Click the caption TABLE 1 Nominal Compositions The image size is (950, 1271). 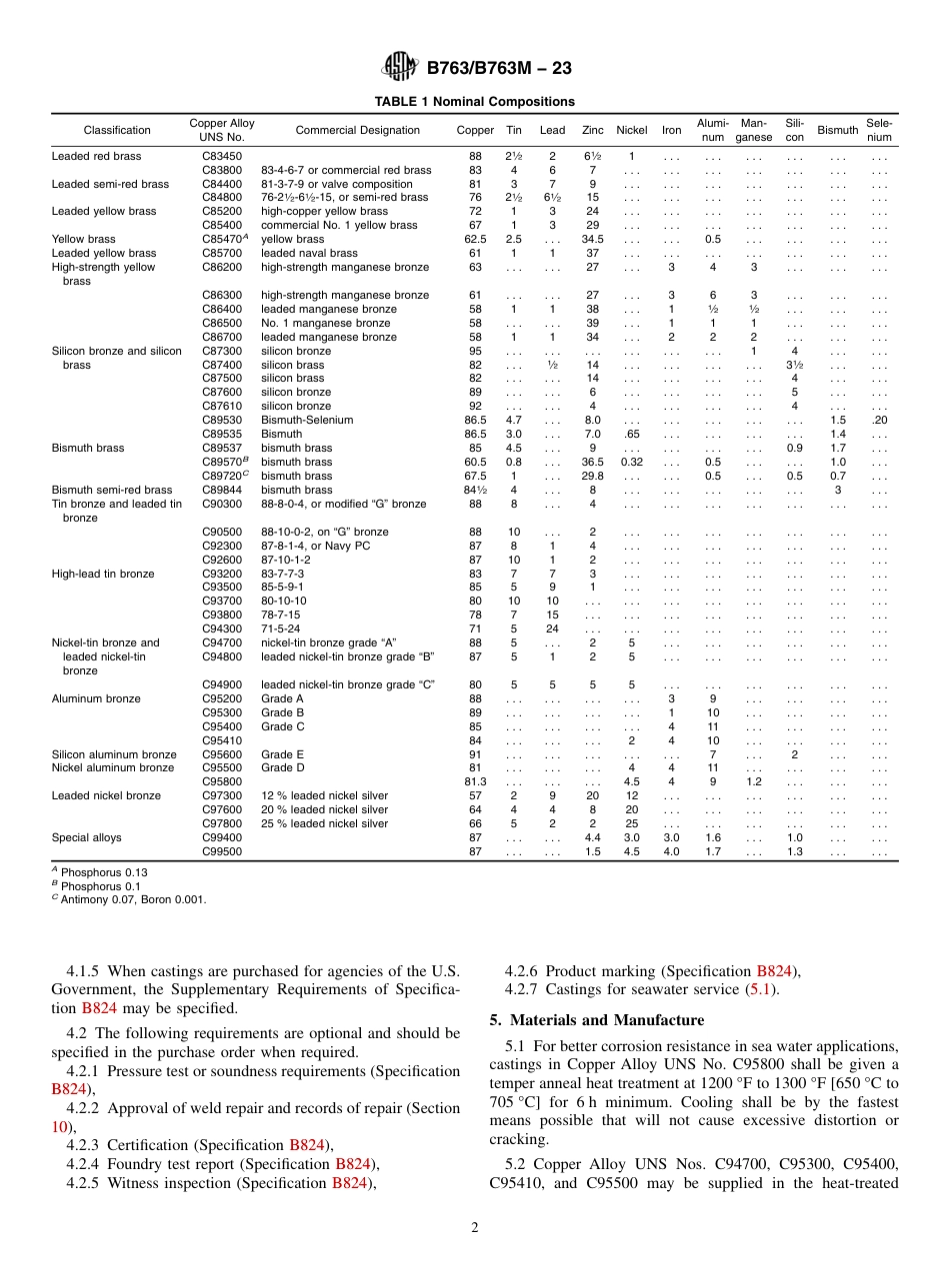[x=474, y=102]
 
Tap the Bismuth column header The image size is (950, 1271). [x=837, y=130]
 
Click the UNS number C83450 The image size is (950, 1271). [x=222, y=157]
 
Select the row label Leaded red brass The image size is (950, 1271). [x=96, y=157]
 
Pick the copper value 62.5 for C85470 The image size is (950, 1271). [x=475, y=240]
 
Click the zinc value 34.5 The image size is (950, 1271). [x=592, y=240]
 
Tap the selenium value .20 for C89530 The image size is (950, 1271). [x=878, y=421]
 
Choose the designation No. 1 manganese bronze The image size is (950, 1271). [x=326, y=324]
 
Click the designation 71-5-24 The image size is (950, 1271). [x=283, y=630]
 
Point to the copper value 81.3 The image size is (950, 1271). [x=475, y=782]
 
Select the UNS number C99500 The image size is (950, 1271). [x=222, y=852]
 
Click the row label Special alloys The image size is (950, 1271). [x=87, y=838]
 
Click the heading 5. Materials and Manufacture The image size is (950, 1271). [x=596, y=1020]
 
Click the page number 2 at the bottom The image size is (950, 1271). [x=475, y=1228]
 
